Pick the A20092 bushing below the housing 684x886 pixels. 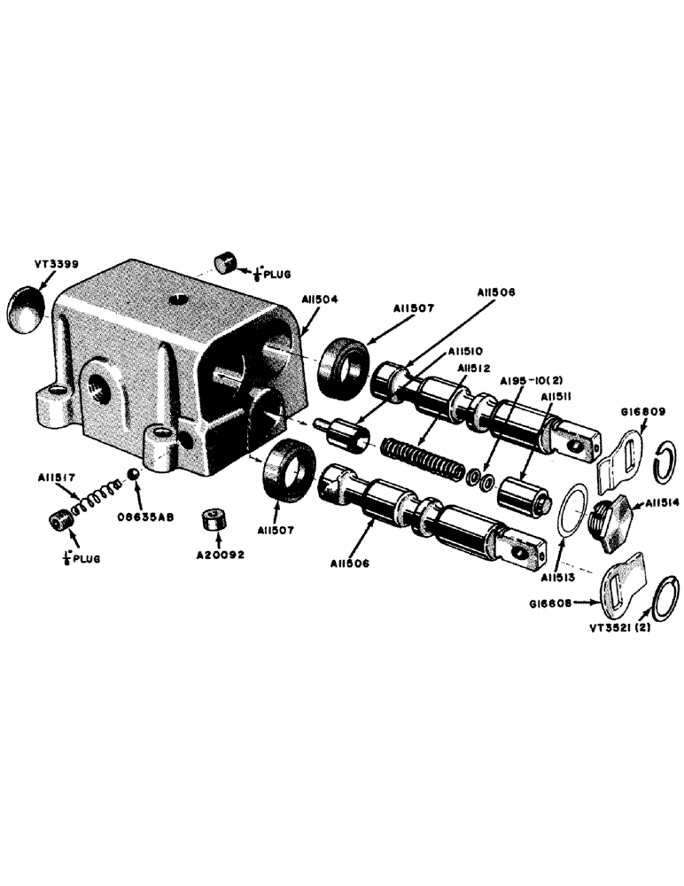tap(214, 520)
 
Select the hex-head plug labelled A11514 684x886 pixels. tap(609, 514)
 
